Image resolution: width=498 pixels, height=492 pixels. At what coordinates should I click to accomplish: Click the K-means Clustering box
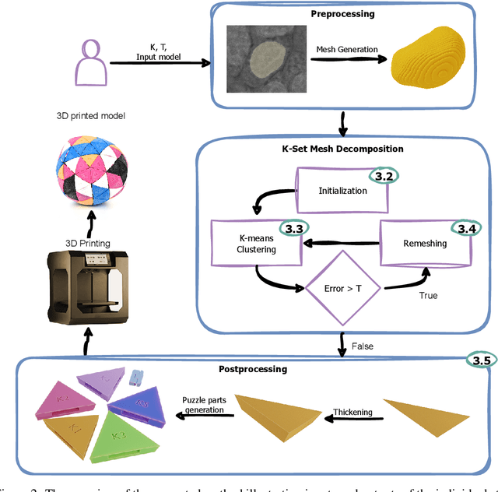(256, 242)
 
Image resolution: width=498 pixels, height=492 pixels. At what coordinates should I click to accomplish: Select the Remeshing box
(425, 243)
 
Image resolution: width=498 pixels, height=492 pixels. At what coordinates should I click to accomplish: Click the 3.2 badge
(383, 176)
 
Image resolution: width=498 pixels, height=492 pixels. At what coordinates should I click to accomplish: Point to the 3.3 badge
(294, 228)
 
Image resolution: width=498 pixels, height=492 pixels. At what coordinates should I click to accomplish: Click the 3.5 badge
(481, 360)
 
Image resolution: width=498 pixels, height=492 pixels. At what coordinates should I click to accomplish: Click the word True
(428, 295)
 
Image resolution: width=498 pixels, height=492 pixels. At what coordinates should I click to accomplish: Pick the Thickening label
(354, 412)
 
